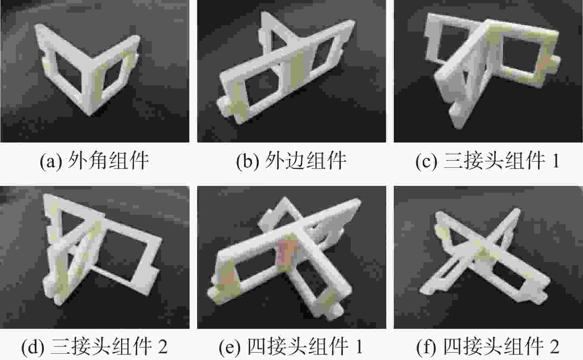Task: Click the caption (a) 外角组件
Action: coord(94,161)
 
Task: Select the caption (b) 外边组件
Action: coord(291,161)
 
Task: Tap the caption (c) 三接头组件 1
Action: coord(487,161)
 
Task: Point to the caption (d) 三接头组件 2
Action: coord(94,346)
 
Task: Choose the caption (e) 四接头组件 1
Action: coord(291,346)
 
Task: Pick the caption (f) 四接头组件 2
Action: coord(488,346)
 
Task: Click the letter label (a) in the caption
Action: coord(51,161)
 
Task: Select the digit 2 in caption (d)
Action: coord(163,346)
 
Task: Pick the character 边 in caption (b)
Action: coord(295,161)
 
